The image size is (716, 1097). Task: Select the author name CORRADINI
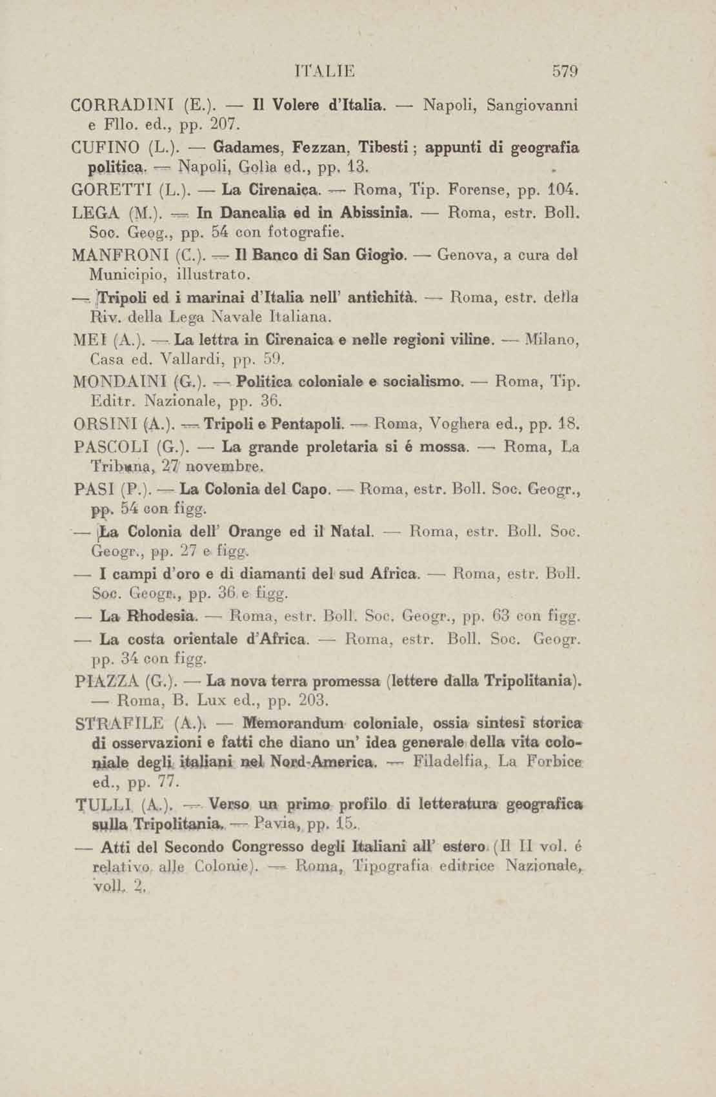(121, 106)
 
